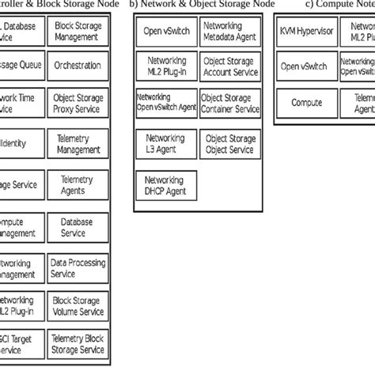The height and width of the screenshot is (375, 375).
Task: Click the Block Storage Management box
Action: [77, 32]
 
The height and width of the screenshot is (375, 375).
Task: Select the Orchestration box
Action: [77, 66]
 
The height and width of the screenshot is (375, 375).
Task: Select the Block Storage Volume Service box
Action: [77, 307]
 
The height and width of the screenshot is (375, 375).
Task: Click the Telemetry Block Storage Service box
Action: [77, 343]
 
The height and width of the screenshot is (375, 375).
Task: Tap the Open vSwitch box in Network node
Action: [165, 33]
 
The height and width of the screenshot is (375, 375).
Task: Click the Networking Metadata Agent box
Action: [229, 32]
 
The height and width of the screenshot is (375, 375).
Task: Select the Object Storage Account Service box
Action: [229, 66]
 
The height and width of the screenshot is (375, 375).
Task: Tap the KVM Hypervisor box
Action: [307, 32]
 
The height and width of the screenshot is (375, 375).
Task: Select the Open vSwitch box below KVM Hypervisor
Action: [307, 66]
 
